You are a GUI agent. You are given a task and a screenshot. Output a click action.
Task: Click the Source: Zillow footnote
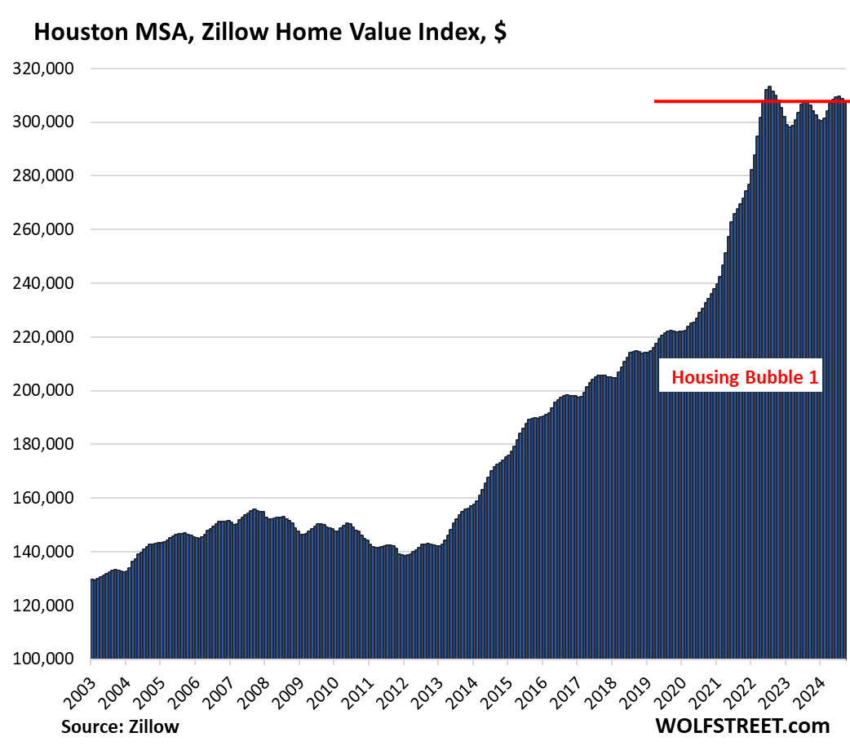(x=119, y=726)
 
